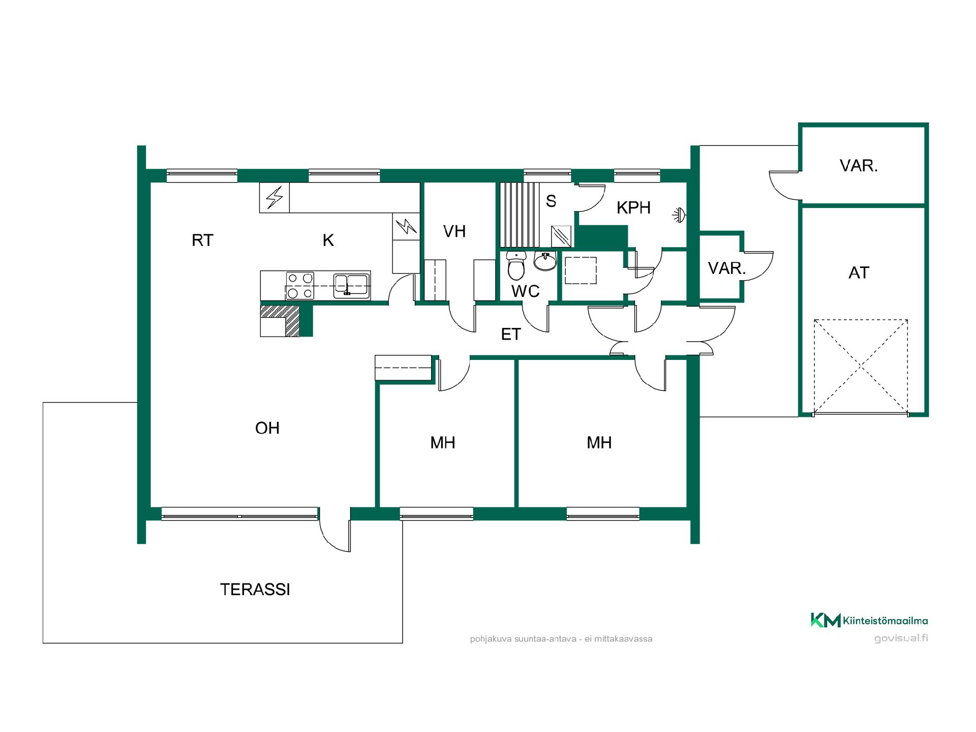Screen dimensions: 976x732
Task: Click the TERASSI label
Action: (255, 589)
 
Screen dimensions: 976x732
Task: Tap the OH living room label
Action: (267, 428)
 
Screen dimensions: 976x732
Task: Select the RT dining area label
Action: (202, 240)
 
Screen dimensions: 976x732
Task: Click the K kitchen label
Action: (328, 240)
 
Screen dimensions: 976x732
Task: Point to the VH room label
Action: (454, 231)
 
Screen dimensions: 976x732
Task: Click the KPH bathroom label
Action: (633, 207)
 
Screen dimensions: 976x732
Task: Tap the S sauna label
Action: (551, 201)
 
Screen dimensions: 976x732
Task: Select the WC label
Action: (526, 291)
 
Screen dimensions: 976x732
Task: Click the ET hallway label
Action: (511, 334)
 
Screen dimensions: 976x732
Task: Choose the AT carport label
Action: (859, 272)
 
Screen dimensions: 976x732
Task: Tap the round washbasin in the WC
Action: (545, 261)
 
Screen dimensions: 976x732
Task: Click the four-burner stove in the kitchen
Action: (300, 286)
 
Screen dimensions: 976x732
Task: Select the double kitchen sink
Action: (351, 285)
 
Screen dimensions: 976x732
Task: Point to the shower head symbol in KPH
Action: (679, 216)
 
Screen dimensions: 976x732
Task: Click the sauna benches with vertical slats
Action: (520, 215)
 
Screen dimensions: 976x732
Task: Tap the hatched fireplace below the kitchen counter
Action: (280, 320)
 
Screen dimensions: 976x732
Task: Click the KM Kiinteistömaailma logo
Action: (869, 620)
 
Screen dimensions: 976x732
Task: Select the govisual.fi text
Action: (901, 638)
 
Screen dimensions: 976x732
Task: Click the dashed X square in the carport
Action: (861, 366)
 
